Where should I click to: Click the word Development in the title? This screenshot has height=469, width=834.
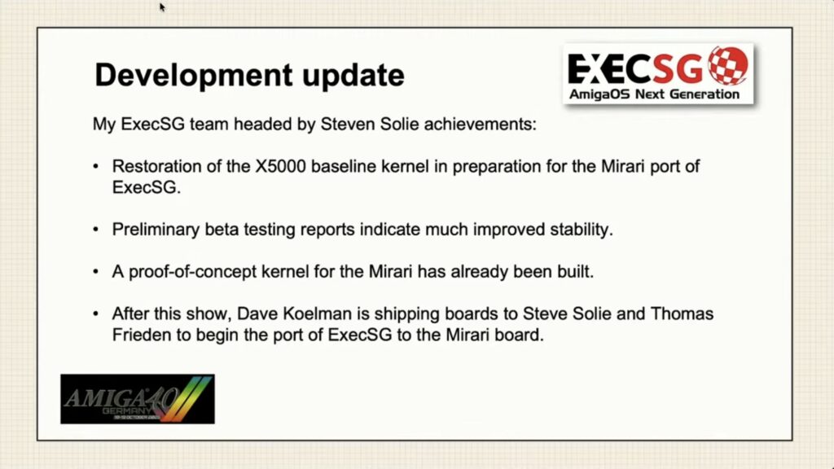193,75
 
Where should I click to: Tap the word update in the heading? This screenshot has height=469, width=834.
353,75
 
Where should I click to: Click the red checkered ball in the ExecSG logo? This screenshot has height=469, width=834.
728,66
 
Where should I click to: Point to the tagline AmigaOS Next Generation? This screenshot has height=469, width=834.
654,94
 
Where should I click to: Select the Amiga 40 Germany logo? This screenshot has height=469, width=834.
138,399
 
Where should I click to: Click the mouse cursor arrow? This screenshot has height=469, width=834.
162,7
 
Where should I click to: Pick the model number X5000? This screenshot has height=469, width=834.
280,166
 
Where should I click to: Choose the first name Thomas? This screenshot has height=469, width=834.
682,313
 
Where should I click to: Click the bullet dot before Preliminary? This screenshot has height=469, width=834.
96,230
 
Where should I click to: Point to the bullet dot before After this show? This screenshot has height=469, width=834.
96,313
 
